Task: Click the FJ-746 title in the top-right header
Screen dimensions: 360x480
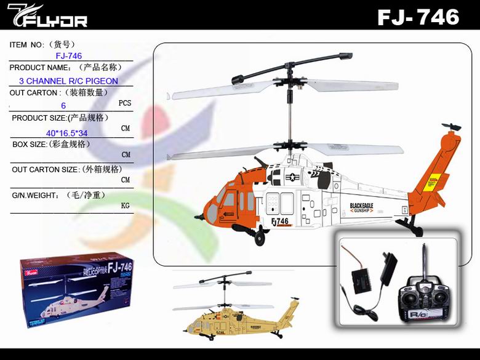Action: click(x=418, y=17)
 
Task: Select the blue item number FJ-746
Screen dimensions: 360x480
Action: click(x=68, y=56)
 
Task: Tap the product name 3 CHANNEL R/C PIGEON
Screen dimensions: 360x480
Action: click(x=68, y=81)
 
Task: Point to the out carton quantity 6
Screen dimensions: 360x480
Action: click(x=63, y=106)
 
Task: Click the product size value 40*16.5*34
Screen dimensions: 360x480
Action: click(x=66, y=133)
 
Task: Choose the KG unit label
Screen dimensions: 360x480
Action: click(x=126, y=206)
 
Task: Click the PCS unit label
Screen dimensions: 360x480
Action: click(x=125, y=103)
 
